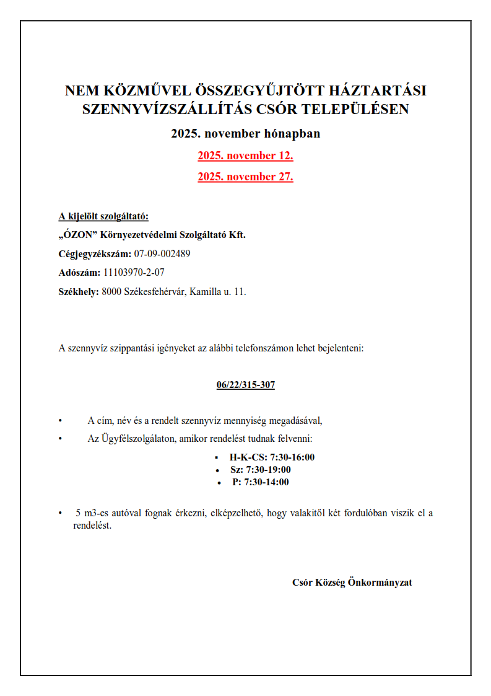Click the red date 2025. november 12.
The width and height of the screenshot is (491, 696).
click(x=245, y=156)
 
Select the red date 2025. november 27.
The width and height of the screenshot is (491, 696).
click(x=245, y=177)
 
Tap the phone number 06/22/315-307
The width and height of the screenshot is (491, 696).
click(x=246, y=385)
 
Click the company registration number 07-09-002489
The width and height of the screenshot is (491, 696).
click(x=162, y=253)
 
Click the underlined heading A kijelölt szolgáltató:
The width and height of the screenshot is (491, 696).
click(x=104, y=216)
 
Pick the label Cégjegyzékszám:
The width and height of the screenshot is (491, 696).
click(x=95, y=253)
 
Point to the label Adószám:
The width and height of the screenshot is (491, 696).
click(x=79, y=272)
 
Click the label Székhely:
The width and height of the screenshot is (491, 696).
click(x=79, y=291)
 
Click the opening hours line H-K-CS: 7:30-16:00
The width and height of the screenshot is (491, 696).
click(x=272, y=458)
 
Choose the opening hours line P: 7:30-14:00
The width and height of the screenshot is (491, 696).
click(x=260, y=482)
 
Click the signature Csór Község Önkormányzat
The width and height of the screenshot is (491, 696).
click(x=352, y=583)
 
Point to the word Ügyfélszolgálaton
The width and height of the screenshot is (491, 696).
click(x=137, y=439)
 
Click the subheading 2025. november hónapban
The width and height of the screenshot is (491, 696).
click(x=246, y=133)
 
